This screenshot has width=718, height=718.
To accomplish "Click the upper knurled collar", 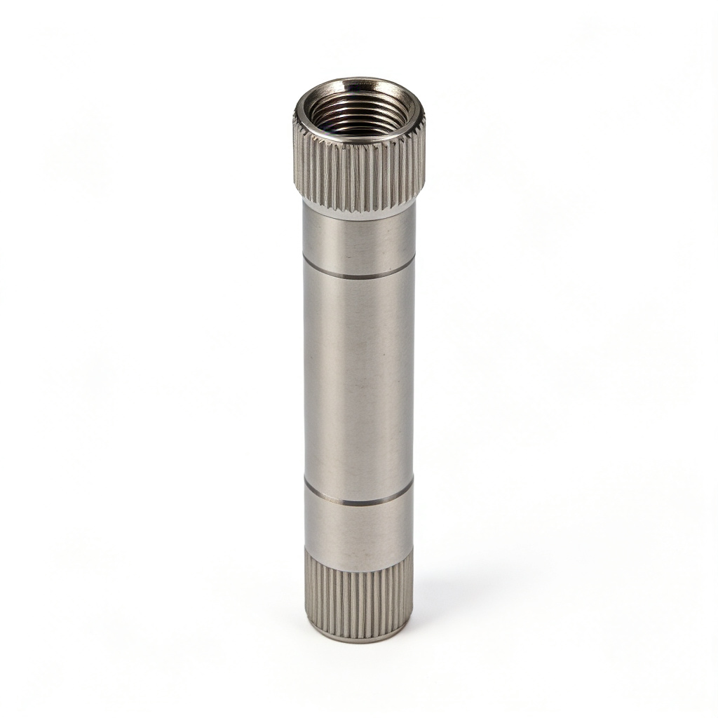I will click(x=358, y=175).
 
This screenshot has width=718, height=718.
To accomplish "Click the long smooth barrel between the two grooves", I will click(x=359, y=379).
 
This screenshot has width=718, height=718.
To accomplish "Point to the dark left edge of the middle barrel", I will click(x=306, y=379).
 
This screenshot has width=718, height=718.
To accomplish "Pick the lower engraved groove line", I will click(x=358, y=503).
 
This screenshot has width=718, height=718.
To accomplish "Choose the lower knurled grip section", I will click(x=358, y=596).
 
